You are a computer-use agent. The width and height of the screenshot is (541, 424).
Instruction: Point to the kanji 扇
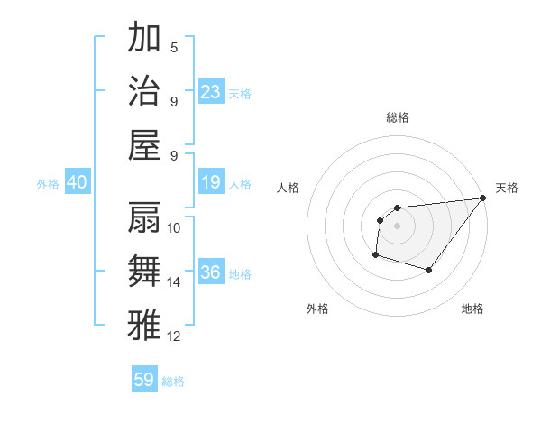(x=144, y=217)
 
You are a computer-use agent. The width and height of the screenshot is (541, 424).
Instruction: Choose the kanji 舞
(x=144, y=271)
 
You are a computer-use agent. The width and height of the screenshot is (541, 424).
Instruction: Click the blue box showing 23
(x=210, y=92)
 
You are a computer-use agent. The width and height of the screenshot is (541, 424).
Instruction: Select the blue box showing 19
(x=210, y=182)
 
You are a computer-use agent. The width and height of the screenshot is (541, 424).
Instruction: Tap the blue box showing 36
(x=210, y=273)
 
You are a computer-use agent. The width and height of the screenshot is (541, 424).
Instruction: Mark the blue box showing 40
(x=77, y=182)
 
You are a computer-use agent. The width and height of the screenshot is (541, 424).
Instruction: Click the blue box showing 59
(x=144, y=380)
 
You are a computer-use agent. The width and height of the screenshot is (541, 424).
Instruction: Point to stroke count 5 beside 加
(x=174, y=47)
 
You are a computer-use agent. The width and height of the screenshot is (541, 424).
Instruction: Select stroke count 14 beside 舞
(x=174, y=282)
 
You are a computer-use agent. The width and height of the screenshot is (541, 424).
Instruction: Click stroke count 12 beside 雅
(x=174, y=336)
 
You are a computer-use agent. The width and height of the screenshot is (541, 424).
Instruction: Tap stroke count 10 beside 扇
(x=174, y=227)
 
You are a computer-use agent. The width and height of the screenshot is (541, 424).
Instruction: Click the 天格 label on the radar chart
(x=507, y=188)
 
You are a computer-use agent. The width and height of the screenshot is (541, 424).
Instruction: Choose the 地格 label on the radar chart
(x=472, y=309)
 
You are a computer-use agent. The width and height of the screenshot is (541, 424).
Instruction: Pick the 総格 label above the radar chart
(x=397, y=117)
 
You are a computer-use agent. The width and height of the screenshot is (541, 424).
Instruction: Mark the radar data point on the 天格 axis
(x=483, y=198)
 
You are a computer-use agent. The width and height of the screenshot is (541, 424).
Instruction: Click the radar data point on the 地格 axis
(x=429, y=270)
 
